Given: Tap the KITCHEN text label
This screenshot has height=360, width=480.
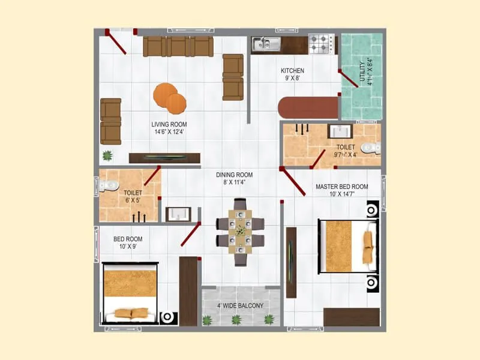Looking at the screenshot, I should [x=292, y=75].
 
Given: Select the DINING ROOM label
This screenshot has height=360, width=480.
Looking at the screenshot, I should [x=235, y=179].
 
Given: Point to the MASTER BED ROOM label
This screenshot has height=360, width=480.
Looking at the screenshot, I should [x=342, y=190].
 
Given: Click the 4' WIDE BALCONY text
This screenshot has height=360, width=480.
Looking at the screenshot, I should [x=241, y=306].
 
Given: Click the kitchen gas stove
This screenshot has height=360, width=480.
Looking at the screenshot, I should [x=321, y=43].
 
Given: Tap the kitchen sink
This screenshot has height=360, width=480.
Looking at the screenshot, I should [x=266, y=43].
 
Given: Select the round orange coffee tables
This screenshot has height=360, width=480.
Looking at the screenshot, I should [x=170, y=98].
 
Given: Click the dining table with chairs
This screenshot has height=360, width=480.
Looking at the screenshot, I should [x=240, y=232].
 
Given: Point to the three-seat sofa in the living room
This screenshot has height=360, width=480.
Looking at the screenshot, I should [x=178, y=46].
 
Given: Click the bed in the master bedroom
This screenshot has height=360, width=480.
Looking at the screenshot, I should [x=348, y=247].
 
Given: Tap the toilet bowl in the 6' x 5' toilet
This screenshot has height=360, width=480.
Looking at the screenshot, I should [x=108, y=187].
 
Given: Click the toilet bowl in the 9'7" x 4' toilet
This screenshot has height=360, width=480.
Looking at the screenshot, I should [x=371, y=147].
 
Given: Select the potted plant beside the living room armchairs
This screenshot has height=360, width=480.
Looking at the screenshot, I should [x=107, y=156].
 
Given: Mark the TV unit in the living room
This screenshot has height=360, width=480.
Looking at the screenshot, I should [x=164, y=158].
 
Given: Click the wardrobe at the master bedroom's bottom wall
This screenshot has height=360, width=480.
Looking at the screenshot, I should [x=351, y=317].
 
